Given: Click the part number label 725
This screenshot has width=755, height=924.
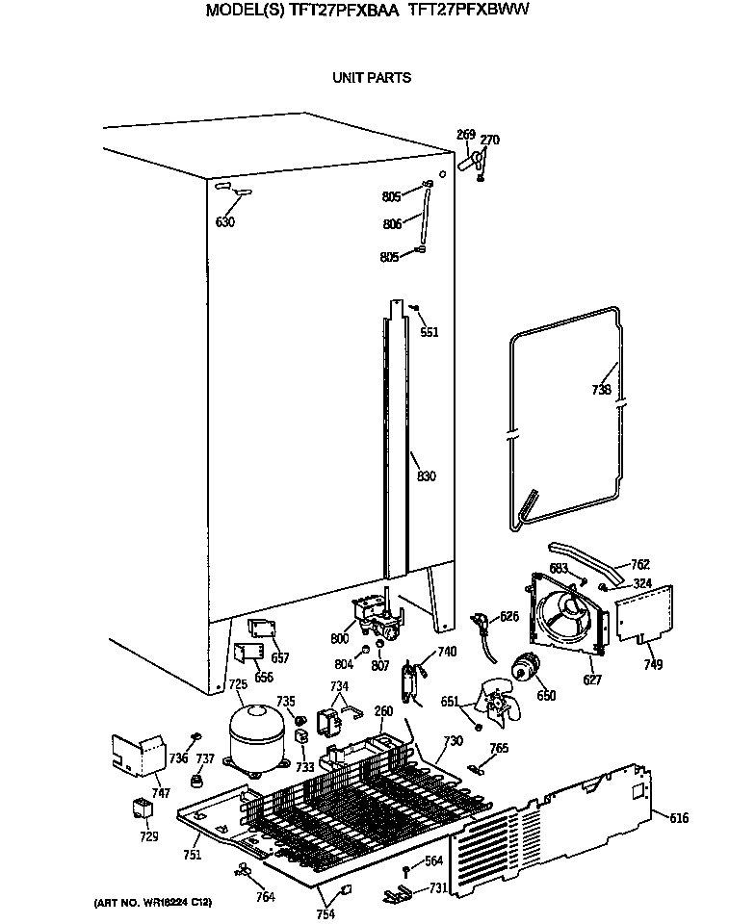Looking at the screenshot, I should click(238, 684).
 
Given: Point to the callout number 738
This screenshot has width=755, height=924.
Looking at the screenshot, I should click(601, 390).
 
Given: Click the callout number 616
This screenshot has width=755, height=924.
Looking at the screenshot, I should click(679, 819).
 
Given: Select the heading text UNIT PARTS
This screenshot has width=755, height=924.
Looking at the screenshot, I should click(372, 78).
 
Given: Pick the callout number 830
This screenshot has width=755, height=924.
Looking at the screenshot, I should click(426, 476).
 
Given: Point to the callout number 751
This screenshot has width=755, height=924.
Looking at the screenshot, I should click(193, 854).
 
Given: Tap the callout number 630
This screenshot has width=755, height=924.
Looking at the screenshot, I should click(224, 222).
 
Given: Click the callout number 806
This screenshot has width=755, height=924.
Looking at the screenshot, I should click(392, 224).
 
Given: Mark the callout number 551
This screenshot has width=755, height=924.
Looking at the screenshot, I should click(429, 332).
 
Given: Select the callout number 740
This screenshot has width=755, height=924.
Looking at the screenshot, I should click(446, 652).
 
